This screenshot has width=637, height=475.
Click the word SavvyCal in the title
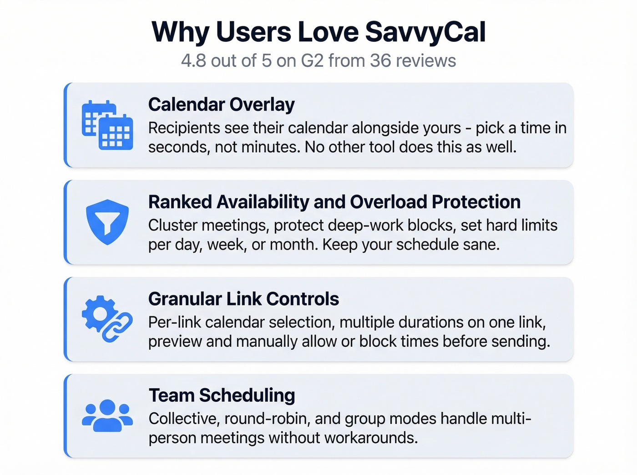click(x=425, y=32)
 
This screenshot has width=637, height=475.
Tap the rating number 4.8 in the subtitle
click(x=193, y=60)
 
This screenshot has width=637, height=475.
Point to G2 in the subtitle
click(x=312, y=60)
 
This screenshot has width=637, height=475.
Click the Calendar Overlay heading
click(x=221, y=105)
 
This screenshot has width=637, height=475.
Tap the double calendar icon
click(x=107, y=125)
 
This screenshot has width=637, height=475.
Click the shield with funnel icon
click(x=107, y=222)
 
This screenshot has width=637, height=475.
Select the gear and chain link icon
click(x=107, y=319)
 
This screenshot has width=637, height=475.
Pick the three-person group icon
click(x=107, y=415)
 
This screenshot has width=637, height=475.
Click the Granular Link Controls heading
click(x=243, y=299)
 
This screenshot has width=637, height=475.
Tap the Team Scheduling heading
click(x=222, y=395)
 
